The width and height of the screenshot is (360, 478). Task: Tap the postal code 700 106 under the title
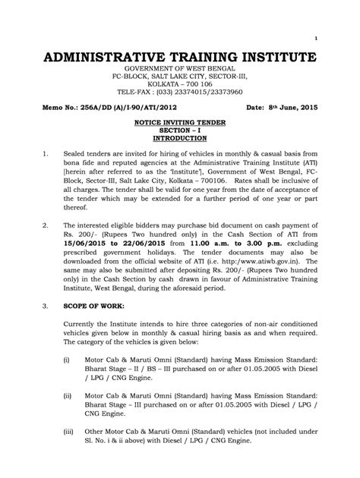pos(198,85)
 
